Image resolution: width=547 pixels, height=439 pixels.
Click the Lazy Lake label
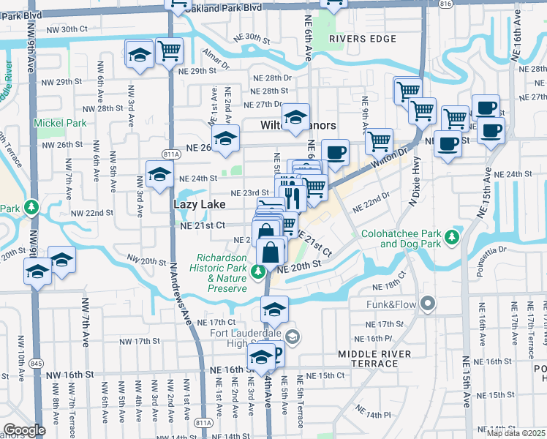tap(199, 205)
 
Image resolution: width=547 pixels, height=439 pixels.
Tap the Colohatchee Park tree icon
tap(453, 236)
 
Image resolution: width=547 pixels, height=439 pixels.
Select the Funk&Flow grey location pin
tap(427, 303)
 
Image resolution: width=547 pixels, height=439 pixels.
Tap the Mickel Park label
tap(56, 123)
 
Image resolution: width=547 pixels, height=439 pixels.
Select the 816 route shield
tap(445, 4)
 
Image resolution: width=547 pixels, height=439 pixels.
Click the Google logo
tap(24, 430)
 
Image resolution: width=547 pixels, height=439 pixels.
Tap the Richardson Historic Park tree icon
tap(257, 273)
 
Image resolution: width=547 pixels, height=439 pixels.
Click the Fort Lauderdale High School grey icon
tap(292, 337)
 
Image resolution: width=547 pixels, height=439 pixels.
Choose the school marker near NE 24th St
tap(159, 175)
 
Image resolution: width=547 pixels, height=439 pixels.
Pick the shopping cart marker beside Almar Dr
tap(169, 51)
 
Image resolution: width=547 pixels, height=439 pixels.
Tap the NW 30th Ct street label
tap(67, 29)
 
